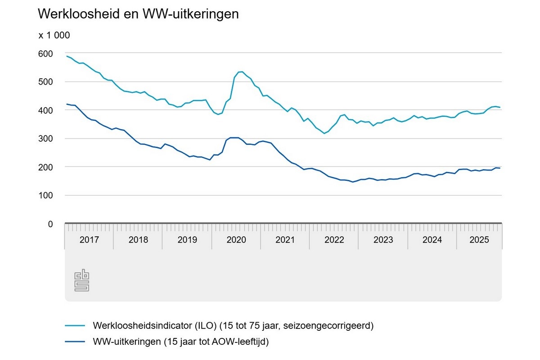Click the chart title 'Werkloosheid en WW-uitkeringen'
(x=138, y=14)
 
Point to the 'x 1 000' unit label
(x=54, y=36)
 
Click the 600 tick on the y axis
(x=47, y=54)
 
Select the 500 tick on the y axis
(x=47, y=82)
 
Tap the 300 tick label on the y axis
(x=47, y=139)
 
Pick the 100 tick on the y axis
(x=47, y=195)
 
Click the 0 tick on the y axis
(x=50, y=224)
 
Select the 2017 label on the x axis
(x=89, y=240)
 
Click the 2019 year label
(x=187, y=240)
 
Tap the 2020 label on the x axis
(x=236, y=240)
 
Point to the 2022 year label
(x=334, y=240)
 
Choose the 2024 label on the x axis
(x=432, y=240)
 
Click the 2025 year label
(x=479, y=240)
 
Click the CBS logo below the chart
(x=82, y=280)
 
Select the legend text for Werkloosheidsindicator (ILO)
(x=233, y=325)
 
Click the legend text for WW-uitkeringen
(x=180, y=342)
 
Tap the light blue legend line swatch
(x=75, y=325)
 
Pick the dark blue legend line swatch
(x=75, y=342)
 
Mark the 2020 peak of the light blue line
(x=241, y=72)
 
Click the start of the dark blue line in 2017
(x=66, y=104)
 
